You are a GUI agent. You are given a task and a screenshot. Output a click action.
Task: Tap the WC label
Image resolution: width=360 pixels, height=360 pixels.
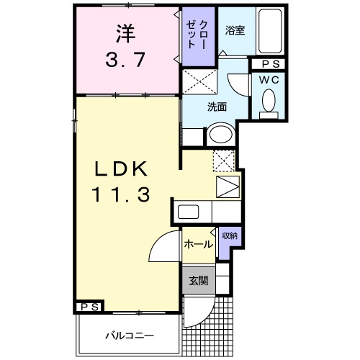[269, 80]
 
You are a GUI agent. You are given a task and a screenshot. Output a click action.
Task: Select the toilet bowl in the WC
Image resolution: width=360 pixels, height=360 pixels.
[269, 102]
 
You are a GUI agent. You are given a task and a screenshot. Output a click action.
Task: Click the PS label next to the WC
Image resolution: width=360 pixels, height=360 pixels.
[268, 64]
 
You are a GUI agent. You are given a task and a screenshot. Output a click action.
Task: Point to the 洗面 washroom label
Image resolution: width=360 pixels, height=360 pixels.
[217, 107]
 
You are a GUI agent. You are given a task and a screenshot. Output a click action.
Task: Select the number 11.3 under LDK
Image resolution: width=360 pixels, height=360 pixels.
[120, 194]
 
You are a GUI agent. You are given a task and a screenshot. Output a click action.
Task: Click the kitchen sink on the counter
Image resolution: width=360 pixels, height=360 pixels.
[189, 213]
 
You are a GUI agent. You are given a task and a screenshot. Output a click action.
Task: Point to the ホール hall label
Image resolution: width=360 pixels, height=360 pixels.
[197, 245]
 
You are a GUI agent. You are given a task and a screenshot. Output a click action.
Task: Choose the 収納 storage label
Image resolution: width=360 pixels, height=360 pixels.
[229, 235]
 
